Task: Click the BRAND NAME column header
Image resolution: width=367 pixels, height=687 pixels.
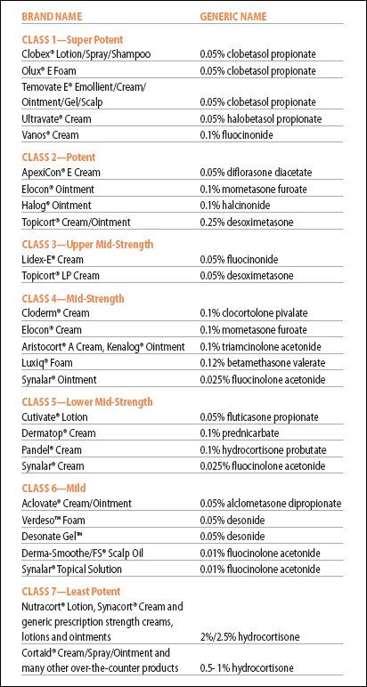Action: click(52, 17)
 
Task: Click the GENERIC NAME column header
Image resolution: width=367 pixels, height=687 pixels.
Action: click(232, 17)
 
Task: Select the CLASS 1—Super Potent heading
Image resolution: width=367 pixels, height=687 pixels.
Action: click(72, 40)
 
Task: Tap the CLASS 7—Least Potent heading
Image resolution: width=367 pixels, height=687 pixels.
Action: click(71, 592)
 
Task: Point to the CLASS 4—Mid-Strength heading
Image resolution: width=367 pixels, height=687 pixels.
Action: click(73, 299)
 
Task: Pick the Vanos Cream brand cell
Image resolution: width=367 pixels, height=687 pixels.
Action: click(51, 135)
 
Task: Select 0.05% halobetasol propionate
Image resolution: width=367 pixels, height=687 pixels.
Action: click(260, 118)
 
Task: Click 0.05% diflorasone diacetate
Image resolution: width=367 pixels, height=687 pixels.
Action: click(256, 173)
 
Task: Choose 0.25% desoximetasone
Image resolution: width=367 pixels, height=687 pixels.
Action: click(247, 222)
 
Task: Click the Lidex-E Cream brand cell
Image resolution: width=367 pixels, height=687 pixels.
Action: click(53, 260)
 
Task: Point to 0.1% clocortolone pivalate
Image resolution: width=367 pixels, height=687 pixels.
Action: click(254, 313)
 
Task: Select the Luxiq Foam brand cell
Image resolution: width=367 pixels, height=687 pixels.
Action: click(47, 363)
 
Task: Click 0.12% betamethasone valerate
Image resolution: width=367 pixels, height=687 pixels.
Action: click(262, 363)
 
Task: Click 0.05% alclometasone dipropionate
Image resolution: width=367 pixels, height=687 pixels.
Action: click(271, 504)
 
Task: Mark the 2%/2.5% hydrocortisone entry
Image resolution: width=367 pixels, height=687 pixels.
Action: click(249, 635)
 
